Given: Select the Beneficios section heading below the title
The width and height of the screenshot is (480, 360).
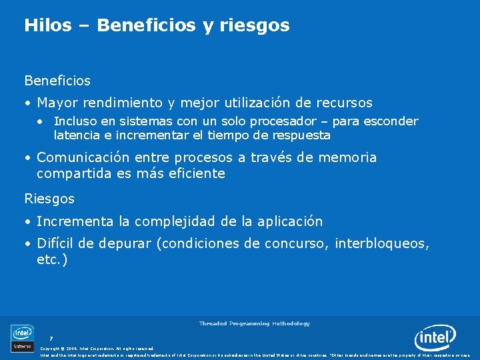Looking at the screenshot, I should coord(57,81).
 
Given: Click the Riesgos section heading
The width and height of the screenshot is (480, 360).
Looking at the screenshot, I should coord(49,199).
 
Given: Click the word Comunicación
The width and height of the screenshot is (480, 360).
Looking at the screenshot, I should coord(83,158).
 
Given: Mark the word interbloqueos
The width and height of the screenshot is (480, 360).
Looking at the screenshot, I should coord(382,244).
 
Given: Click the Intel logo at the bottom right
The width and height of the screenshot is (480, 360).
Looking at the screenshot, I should coord(435,338).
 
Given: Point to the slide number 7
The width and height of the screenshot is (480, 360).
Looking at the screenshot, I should coord(51,338).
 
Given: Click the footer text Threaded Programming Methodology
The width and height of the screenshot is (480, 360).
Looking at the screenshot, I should coord(254,323).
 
